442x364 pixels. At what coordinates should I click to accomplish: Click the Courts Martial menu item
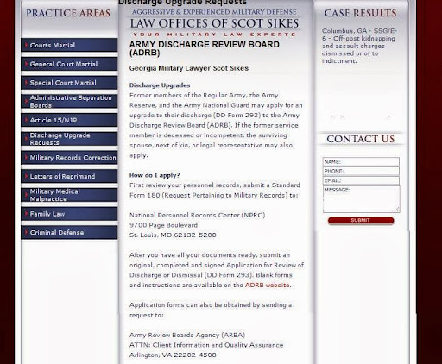(x=69, y=45)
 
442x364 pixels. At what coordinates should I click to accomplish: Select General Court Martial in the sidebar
(x=69, y=64)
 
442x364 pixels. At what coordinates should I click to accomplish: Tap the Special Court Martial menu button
(x=69, y=83)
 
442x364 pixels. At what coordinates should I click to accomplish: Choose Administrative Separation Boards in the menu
(x=69, y=102)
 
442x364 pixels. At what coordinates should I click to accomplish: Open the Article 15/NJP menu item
(x=69, y=120)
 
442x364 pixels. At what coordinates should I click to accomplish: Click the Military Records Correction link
(x=69, y=158)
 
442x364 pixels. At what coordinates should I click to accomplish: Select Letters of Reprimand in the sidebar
(x=69, y=176)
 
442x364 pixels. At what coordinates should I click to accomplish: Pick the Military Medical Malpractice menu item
(x=69, y=195)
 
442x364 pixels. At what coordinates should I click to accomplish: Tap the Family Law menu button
(x=69, y=214)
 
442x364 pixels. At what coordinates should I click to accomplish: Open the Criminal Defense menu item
(x=69, y=233)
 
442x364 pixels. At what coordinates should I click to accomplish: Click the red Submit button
(x=360, y=221)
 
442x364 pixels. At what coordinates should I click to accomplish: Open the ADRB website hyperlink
(x=267, y=285)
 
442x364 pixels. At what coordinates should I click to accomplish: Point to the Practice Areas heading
(x=68, y=13)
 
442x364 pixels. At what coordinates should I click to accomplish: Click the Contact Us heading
(x=361, y=139)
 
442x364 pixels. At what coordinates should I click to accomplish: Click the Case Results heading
(x=360, y=13)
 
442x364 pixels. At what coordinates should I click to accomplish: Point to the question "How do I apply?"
(x=155, y=175)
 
